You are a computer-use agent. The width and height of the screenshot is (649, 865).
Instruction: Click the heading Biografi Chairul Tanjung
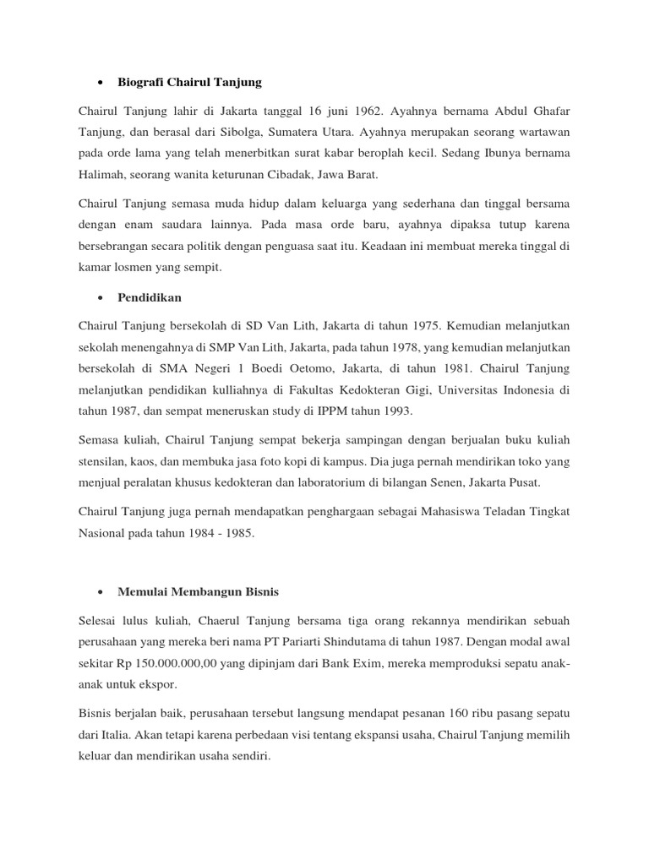pos(190,83)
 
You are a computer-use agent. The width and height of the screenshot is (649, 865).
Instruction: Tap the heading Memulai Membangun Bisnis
pos(198,592)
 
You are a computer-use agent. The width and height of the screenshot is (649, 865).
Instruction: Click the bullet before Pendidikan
pos(101,298)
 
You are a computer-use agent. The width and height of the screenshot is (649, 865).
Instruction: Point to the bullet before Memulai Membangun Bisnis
pos(101,592)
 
